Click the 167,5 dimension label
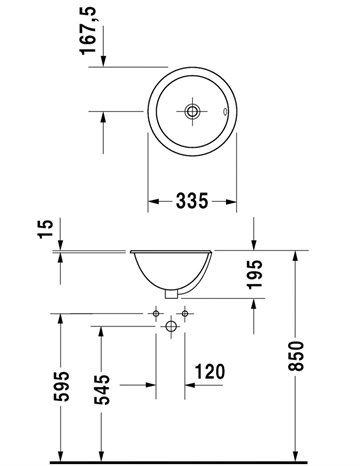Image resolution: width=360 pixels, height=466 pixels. (88, 30)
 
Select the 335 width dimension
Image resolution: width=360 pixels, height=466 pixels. (192, 201)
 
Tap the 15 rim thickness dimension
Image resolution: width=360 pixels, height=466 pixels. (46, 228)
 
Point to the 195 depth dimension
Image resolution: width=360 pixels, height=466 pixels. (254, 274)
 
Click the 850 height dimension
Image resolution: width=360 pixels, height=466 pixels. (296, 356)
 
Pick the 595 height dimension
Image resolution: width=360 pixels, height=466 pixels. (61, 386)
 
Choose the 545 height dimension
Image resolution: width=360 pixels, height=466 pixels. (102, 389)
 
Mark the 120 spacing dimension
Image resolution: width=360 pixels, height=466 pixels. (209, 372)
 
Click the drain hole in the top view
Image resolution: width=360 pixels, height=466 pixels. (192, 111)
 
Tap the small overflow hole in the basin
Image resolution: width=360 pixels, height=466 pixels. (225, 111)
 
